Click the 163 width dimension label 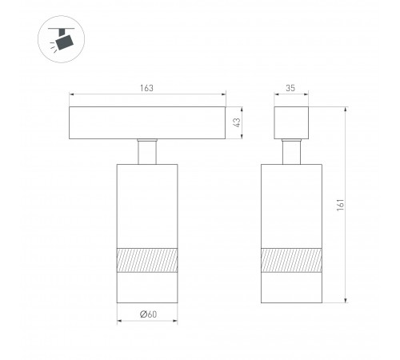click(147, 88)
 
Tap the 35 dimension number click(290, 88)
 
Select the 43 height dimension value click(237, 122)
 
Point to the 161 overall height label click(341, 205)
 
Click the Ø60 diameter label click(148, 314)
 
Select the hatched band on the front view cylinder click(147, 260)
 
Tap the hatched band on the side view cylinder click(291, 260)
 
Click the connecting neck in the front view click(147, 151)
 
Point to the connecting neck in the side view click(291, 151)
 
